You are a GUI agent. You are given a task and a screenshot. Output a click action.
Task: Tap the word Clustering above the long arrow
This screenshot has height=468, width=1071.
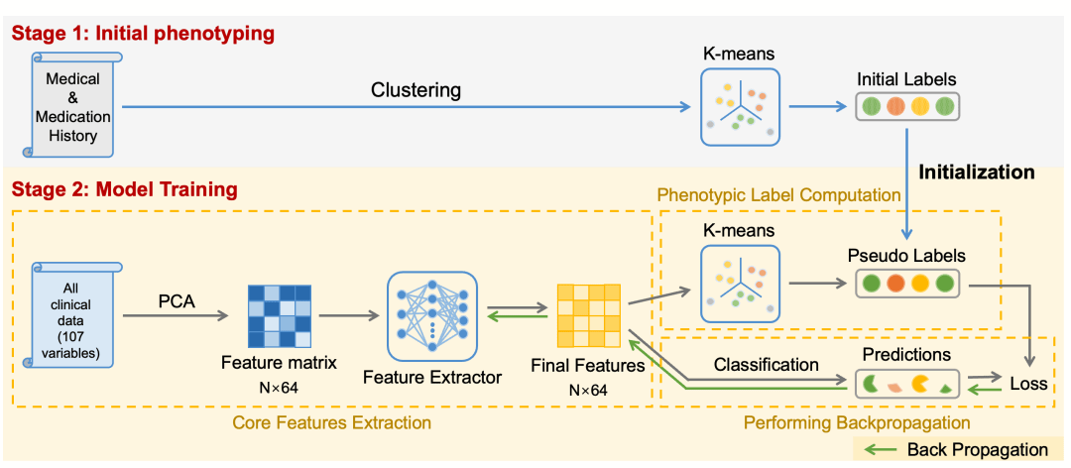tap(416, 90)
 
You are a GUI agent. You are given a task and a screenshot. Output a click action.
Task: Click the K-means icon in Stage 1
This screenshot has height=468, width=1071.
tap(739, 109)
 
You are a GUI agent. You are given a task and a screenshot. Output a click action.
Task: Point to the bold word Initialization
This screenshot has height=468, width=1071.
tap(977, 172)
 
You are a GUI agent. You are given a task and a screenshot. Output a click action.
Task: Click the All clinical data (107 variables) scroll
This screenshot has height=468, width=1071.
tap(76, 314)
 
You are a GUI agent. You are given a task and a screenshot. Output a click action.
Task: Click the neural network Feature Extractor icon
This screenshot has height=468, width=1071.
tap(431, 314)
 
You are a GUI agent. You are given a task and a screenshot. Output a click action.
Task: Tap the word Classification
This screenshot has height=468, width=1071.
tap(767, 364)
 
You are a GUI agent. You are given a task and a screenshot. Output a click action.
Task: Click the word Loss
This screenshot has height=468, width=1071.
tap(1027, 384)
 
